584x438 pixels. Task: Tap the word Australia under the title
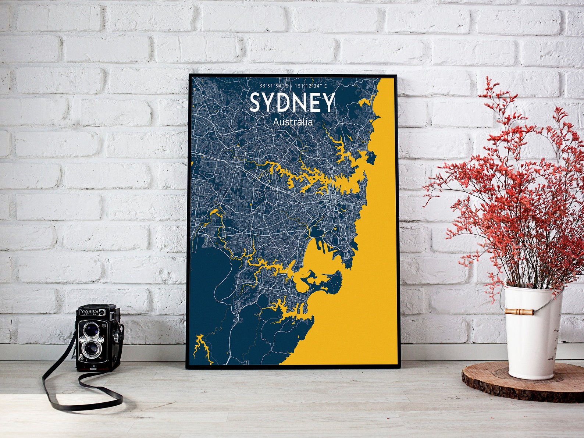click(293, 122)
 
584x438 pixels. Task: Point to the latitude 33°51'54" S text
click(274, 86)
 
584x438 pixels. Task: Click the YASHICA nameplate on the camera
click(89, 311)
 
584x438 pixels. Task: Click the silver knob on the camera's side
click(117, 335)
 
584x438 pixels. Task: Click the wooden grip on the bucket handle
click(519, 311)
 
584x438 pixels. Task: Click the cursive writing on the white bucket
click(555, 342)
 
